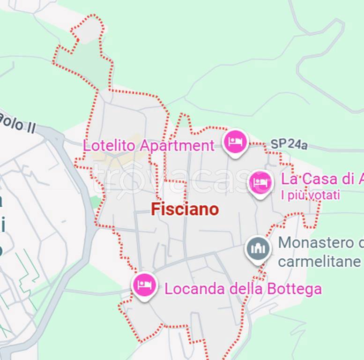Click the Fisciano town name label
pos(185,210)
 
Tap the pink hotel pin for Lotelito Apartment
pos(235,141)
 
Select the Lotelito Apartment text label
pos(149,145)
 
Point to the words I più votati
pos(310,195)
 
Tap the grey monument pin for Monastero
pos(258,249)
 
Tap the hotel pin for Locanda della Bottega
pos(144,285)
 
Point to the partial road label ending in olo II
pos(17,123)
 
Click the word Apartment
pos(177,146)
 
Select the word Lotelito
pos(111,145)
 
